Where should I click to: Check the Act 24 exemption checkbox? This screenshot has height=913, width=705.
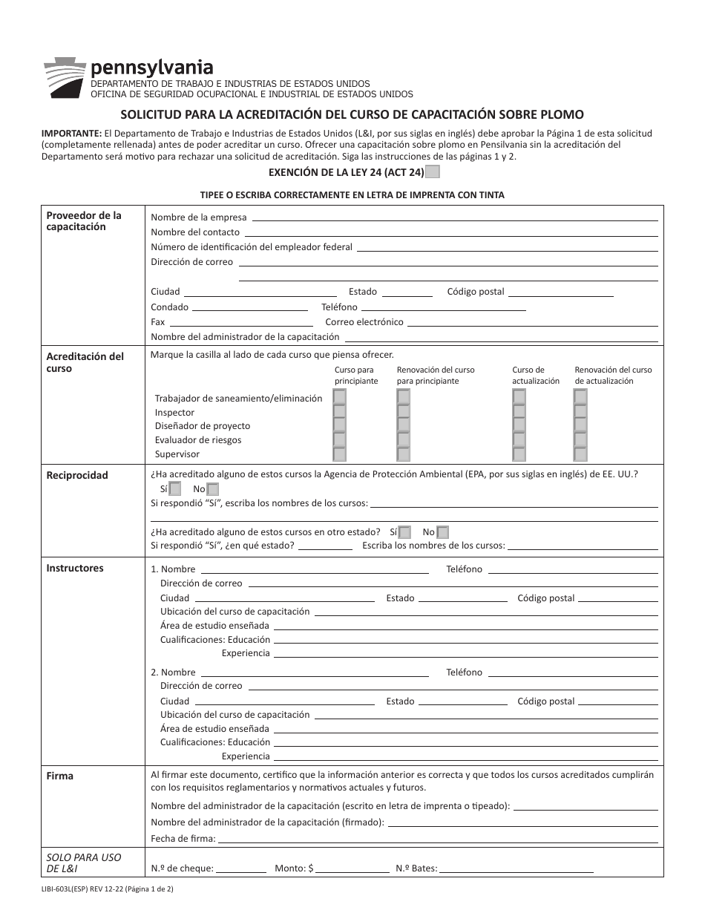click(x=433, y=172)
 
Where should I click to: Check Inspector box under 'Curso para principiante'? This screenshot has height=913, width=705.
click(x=339, y=412)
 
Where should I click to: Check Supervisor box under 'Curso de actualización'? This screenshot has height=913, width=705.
click(x=519, y=454)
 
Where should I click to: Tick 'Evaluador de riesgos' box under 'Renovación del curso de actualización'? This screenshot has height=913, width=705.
click(x=580, y=439)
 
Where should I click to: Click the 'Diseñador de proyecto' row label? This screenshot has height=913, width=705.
click(x=203, y=426)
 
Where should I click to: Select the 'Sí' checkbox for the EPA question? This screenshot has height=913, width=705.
click(x=175, y=489)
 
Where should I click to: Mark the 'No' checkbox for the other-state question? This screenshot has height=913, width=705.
click(x=442, y=532)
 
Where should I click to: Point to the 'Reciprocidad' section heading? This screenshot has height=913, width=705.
click(x=77, y=475)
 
